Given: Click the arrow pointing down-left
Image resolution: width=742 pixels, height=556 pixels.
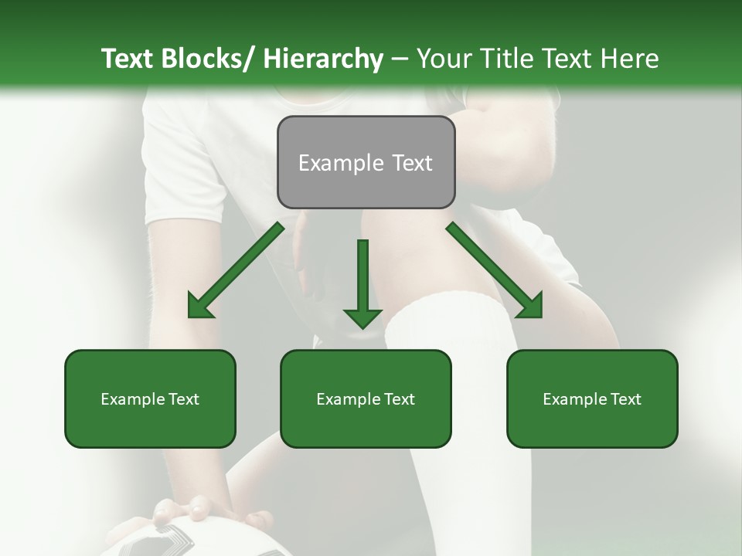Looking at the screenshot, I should [x=236, y=270].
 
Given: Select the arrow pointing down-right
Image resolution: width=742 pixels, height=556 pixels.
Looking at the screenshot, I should [x=495, y=270].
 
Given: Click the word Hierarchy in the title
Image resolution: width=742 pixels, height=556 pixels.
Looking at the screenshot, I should [x=322, y=59].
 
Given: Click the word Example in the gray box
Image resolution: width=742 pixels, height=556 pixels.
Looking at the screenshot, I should [x=341, y=163].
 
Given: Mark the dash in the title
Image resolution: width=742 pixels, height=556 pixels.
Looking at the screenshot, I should [x=400, y=59].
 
